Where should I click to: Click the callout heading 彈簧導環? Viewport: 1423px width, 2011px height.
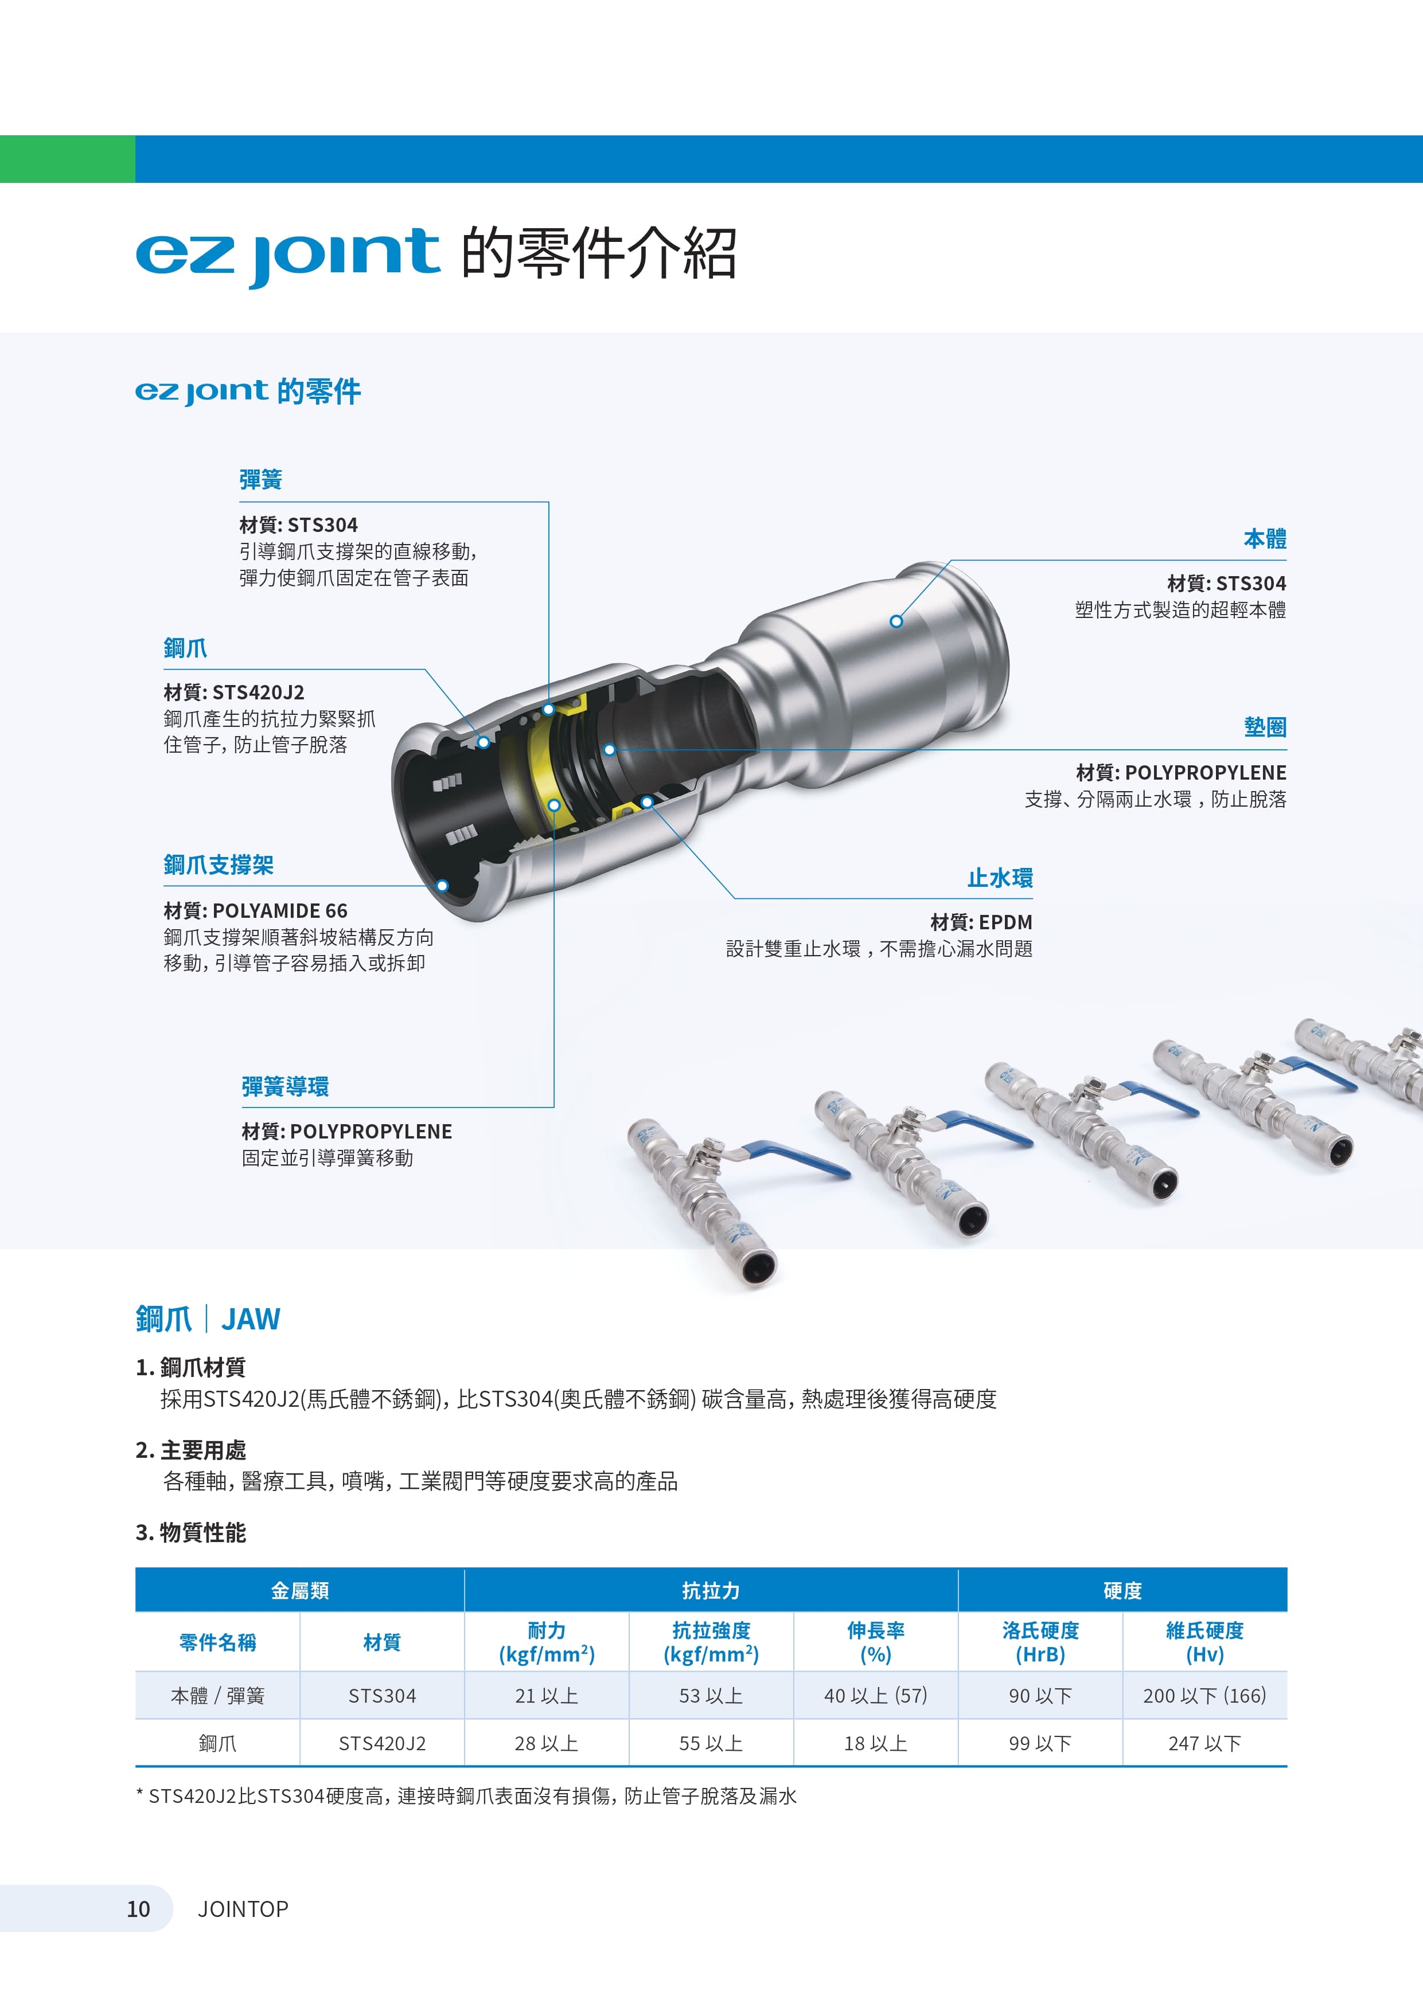(285, 1087)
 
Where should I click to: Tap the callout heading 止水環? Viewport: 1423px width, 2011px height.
(1000, 878)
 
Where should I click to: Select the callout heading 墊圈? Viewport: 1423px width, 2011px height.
(1265, 727)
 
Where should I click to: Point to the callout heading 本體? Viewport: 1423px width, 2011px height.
(1265, 539)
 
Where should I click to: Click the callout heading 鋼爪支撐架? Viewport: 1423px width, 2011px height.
(218, 866)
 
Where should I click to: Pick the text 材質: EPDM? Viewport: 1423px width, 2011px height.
(981, 922)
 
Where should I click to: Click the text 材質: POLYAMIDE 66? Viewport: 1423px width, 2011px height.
(255, 911)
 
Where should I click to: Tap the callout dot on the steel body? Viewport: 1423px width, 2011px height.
(895, 621)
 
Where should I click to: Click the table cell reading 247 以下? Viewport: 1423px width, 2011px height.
(1205, 1743)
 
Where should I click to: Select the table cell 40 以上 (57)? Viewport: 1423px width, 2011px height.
(875, 1696)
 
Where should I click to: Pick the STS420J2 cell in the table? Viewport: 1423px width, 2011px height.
(382, 1743)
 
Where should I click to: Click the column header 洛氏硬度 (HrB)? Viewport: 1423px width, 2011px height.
(1040, 1642)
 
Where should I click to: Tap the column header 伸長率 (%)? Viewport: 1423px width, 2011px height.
(875, 1642)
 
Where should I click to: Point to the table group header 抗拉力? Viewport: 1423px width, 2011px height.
(711, 1591)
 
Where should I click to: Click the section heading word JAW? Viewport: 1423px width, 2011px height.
(251, 1319)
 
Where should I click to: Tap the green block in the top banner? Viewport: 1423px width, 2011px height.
(68, 159)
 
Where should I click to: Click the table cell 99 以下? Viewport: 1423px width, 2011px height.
(1040, 1743)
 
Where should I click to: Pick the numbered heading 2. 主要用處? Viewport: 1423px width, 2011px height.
(191, 1450)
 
